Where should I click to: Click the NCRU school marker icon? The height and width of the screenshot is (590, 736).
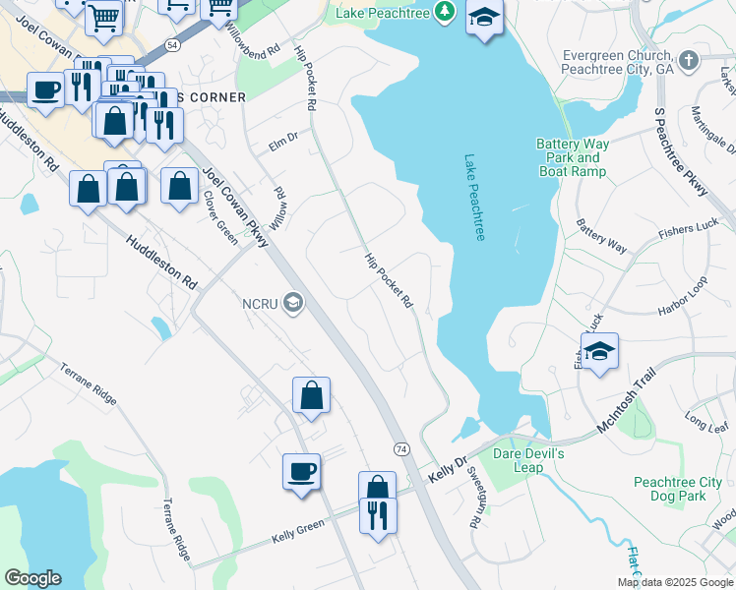pyautogui.click(x=292, y=302)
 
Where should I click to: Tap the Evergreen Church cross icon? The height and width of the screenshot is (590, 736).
pyautogui.click(x=689, y=60)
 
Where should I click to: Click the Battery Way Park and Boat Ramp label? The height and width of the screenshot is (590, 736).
pyautogui.click(x=573, y=157)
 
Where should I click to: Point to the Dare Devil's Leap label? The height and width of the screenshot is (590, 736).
pyautogui.click(x=528, y=460)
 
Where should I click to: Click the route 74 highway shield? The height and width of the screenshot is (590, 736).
pyautogui.click(x=401, y=448)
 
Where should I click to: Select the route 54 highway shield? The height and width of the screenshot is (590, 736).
pyautogui.click(x=173, y=45)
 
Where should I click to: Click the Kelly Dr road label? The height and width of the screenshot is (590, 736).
pyautogui.click(x=446, y=466)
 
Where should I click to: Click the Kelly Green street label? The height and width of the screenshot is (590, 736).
pyautogui.click(x=297, y=532)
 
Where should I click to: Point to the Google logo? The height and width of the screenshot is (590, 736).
pyautogui.click(x=32, y=578)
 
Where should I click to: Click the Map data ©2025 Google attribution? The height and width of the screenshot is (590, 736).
pyautogui.click(x=674, y=582)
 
